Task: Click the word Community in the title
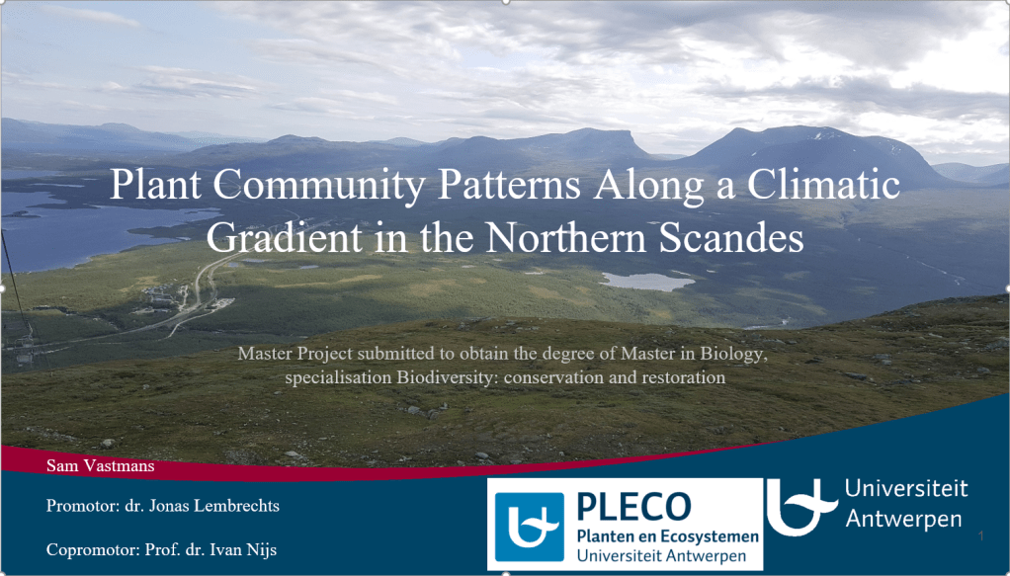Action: point(319,185)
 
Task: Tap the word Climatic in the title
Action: point(823,185)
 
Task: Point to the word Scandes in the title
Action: point(731,238)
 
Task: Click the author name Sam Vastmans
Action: point(101,465)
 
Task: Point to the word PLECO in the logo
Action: point(633,507)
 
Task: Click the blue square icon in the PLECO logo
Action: point(530,527)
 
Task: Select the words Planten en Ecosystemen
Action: point(667,536)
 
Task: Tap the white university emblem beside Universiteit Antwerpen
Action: point(801,507)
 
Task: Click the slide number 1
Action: point(981,536)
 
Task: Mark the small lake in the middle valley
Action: point(647,282)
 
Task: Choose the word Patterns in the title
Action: point(509,185)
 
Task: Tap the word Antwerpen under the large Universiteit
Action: point(903,520)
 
